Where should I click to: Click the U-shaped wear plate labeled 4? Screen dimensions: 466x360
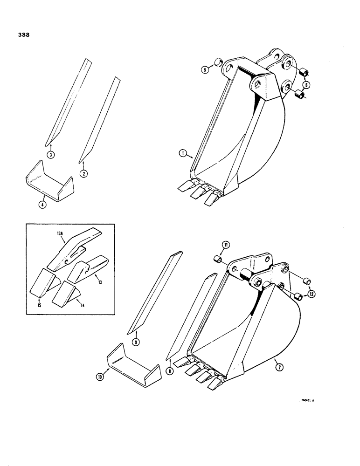49,183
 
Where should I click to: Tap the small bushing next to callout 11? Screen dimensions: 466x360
216,259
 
